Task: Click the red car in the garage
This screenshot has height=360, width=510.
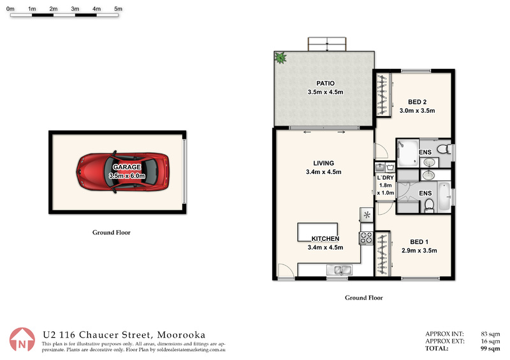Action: pos(122,171)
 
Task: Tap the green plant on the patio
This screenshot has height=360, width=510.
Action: pos(280,58)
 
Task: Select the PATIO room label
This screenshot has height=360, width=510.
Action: pos(325,83)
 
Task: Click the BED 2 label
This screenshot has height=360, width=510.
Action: pos(418,102)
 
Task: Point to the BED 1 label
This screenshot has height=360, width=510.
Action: pos(419,241)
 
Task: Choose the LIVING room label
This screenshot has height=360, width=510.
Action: pos(324,163)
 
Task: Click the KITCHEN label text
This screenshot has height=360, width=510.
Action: pos(325,239)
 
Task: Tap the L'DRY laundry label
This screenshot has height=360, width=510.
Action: pos(386,178)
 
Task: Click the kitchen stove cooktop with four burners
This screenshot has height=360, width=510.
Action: pos(366,238)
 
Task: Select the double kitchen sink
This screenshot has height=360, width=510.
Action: pos(339,270)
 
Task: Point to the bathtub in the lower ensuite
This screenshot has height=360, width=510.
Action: pos(444,196)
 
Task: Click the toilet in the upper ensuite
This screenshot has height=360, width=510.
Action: pos(443,149)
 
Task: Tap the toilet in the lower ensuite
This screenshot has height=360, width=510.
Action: pos(429,206)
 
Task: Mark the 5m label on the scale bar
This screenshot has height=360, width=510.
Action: pos(119,9)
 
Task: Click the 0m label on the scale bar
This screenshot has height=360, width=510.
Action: pos(10,9)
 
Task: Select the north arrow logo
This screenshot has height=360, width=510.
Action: pos(22,340)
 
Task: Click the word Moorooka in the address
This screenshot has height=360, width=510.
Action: pos(181,335)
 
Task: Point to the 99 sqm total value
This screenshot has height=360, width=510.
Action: pos(490,349)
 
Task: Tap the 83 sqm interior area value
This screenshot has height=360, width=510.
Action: pos(490,334)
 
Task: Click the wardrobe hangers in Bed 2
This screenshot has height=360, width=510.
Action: pos(383,95)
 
